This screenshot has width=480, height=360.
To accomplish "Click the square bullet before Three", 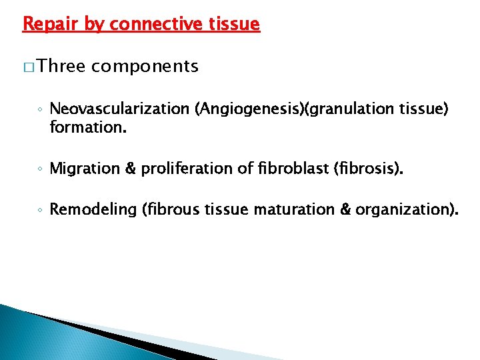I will (28, 67).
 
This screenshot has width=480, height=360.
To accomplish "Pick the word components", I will (145, 67).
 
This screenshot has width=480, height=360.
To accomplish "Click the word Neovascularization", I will (120, 109).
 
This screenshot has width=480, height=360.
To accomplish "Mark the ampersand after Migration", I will (128, 169).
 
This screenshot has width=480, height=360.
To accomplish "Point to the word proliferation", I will (177, 169).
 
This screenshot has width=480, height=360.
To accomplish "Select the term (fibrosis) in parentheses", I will (365, 169).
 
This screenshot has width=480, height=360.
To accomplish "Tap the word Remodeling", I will (93, 211).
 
